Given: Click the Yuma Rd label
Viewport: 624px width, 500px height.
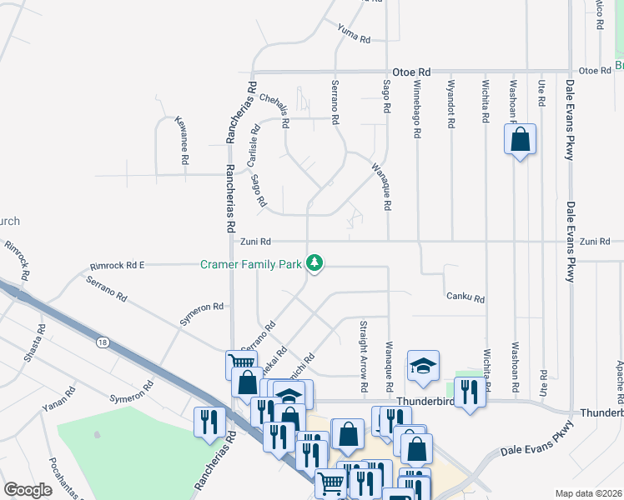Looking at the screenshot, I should (x=353, y=33).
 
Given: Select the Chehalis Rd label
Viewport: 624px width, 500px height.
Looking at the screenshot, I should (x=274, y=109).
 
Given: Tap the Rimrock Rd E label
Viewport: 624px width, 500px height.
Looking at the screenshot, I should (x=118, y=265).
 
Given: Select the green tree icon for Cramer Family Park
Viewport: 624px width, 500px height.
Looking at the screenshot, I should (x=315, y=263).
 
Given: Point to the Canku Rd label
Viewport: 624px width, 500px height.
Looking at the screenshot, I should (x=465, y=296).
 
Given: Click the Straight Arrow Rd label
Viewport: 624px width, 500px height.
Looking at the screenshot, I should (x=363, y=356).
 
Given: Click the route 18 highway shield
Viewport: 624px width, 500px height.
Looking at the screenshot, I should (x=103, y=342).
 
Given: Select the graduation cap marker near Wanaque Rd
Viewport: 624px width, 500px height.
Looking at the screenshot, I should (x=423, y=365).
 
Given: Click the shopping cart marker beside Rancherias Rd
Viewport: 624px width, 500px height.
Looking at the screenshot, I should (x=241, y=364).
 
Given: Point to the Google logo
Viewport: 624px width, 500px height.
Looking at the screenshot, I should (x=28, y=490).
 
